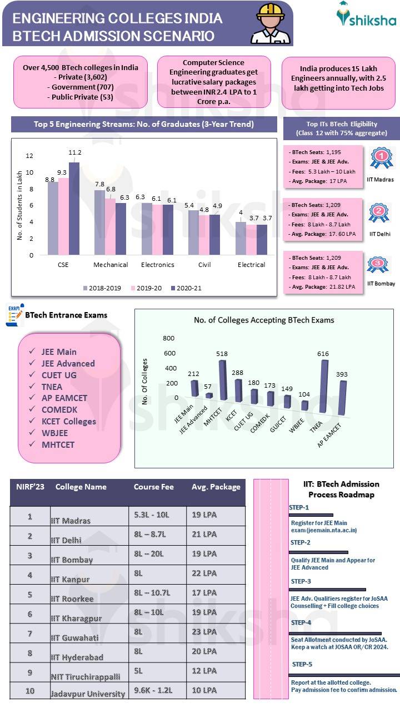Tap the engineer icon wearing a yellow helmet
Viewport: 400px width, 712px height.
click(271, 23)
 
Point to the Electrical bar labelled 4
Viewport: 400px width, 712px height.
click(241, 238)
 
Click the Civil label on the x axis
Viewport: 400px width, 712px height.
click(204, 265)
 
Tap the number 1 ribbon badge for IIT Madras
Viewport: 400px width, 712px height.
click(381, 159)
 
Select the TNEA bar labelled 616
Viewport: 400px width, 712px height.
click(324, 387)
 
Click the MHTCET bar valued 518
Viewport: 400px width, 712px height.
click(222, 380)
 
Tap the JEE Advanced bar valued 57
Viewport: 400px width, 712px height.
click(209, 395)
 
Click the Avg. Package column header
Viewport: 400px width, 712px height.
click(216, 487)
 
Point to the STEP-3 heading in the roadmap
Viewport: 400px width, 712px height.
click(301, 581)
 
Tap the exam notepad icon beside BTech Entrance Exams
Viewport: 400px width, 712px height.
click(14, 314)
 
